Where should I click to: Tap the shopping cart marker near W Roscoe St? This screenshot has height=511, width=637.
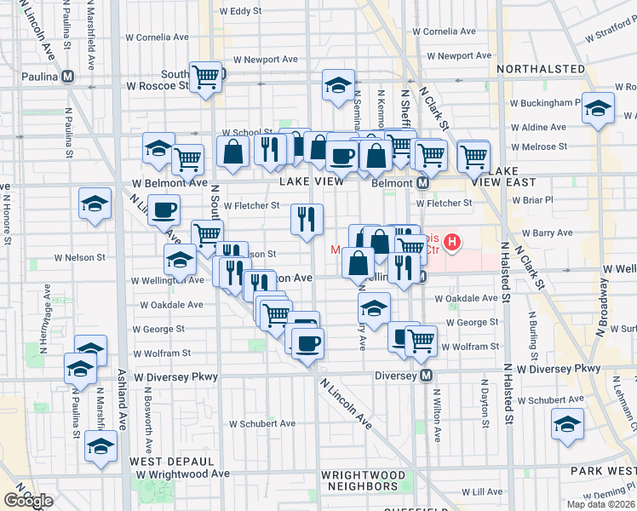[x=206, y=78]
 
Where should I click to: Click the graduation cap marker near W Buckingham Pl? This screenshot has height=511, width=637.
[x=599, y=108]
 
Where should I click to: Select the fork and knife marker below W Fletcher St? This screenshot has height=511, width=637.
[x=307, y=219]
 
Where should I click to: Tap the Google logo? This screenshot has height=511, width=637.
[x=28, y=501]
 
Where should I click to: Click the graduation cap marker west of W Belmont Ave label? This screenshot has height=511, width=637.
[x=95, y=204]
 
